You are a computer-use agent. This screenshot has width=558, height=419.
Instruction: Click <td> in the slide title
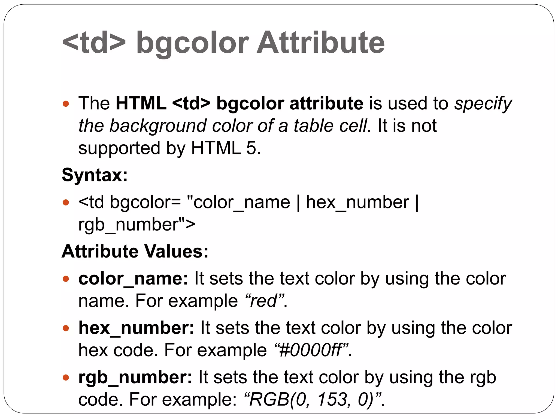(94, 43)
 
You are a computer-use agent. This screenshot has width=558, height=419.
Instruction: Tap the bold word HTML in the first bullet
(141, 103)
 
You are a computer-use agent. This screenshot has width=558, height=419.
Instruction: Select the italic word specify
(483, 104)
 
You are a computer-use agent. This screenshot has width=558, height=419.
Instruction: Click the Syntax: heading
(95, 175)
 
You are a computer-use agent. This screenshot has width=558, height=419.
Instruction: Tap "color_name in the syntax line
(238, 203)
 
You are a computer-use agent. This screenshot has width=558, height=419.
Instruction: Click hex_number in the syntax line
(357, 203)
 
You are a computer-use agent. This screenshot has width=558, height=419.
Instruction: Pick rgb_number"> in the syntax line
(137, 225)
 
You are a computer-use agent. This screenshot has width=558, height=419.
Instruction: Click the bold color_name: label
(133, 279)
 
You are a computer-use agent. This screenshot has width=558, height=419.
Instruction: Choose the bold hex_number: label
(136, 328)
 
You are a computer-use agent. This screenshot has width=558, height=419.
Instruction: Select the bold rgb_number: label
(135, 378)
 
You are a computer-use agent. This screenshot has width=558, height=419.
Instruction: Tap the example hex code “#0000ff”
(311, 350)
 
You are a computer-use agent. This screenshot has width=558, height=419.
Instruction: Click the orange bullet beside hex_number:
(66, 328)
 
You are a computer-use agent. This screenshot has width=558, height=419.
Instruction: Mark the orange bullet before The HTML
(66, 104)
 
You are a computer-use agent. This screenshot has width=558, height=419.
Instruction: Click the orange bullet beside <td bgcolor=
(66, 203)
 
